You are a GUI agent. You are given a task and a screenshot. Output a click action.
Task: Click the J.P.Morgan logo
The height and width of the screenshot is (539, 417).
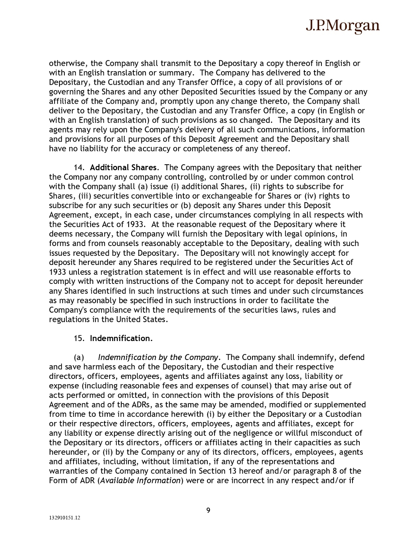tap(342, 26)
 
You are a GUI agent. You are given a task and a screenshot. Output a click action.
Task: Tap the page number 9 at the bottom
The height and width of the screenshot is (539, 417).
tap(208, 510)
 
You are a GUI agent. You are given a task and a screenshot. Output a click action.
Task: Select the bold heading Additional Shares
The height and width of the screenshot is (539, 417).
tap(123, 167)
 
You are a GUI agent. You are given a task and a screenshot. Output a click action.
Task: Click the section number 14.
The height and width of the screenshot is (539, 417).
tap(78, 167)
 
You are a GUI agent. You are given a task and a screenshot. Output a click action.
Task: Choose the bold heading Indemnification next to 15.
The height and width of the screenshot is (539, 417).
tap(121, 338)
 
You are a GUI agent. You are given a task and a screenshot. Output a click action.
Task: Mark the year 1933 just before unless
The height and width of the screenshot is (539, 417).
tap(57, 272)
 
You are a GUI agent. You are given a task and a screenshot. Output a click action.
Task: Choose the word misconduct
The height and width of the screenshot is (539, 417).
tap(342, 433)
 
